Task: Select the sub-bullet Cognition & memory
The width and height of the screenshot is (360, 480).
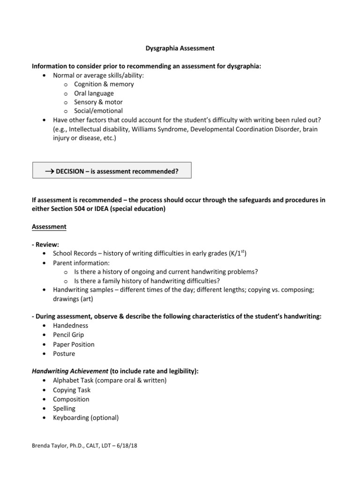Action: click(104, 84)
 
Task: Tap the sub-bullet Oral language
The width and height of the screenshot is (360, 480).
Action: click(94, 93)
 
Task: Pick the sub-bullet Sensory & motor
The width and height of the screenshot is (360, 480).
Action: click(98, 102)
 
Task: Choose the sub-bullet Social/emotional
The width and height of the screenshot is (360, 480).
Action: click(98, 111)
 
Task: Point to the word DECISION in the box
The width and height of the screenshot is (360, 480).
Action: click(72, 171)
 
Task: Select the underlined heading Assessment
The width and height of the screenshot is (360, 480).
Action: click(49, 227)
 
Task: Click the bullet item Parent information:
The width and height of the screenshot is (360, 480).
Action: click(81, 263)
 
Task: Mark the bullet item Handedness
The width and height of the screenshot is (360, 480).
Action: click(70, 326)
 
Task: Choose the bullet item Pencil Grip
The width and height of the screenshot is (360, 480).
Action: click(68, 335)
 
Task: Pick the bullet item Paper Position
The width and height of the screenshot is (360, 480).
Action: click(74, 344)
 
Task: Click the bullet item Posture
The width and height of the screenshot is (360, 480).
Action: click(64, 353)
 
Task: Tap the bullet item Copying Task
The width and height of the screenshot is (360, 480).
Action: click(72, 390)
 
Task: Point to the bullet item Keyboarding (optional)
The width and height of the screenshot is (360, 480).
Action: click(86, 417)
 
